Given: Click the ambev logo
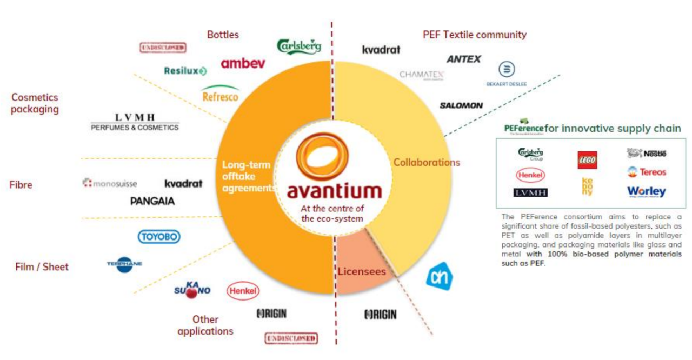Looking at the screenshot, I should [x=243, y=63].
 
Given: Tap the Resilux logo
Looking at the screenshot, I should [x=185, y=71].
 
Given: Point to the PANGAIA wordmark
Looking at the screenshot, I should [x=152, y=201].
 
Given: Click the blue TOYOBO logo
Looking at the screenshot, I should [x=158, y=237].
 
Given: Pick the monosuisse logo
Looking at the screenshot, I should [x=110, y=183].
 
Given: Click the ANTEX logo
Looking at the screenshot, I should [x=463, y=59].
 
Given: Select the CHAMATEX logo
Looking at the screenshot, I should [x=422, y=75].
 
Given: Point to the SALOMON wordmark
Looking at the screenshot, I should [x=461, y=105].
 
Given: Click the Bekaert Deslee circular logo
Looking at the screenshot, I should [x=506, y=70].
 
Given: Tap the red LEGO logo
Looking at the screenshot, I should [x=587, y=160].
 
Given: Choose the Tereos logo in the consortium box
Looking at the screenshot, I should [x=647, y=172].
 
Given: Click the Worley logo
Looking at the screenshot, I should [x=646, y=192].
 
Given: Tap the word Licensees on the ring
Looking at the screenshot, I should [x=362, y=271].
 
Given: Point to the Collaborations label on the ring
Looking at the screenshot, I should [x=427, y=162].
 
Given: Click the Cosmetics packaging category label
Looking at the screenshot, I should [x=35, y=103].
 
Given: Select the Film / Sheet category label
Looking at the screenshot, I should [x=42, y=266].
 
